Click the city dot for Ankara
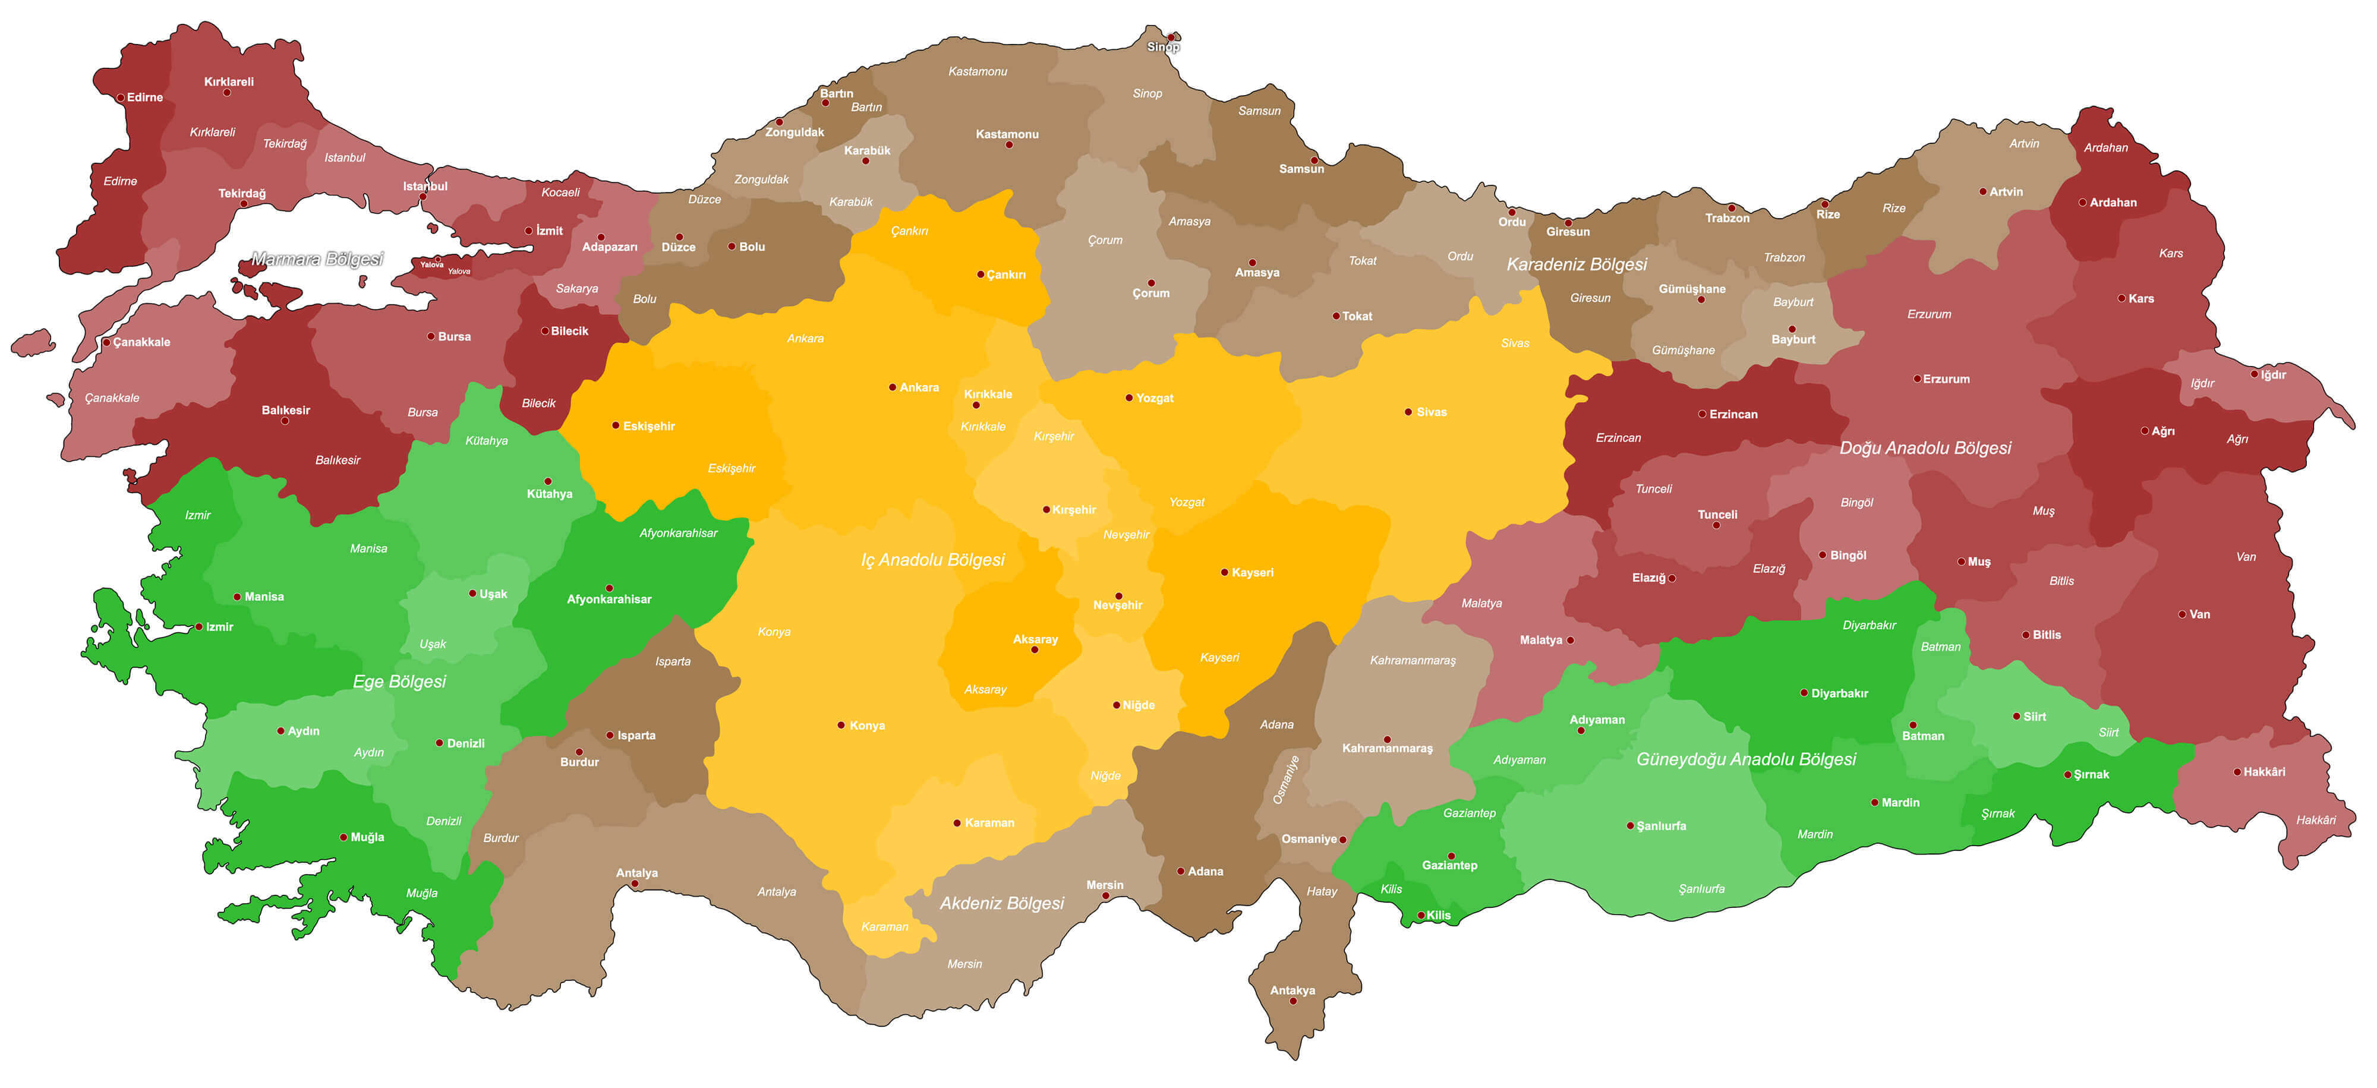pyautogui.click(x=893, y=387)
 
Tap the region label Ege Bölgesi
pyautogui.click(x=399, y=681)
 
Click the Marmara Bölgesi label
pyautogui.click(x=317, y=259)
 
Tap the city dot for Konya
pyautogui.click(x=841, y=726)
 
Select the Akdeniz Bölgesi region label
pyautogui.click(x=1001, y=903)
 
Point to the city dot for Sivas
pyautogui.click(x=1408, y=412)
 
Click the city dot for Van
pyautogui.click(x=2182, y=614)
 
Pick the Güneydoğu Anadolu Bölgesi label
pyautogui.click(x=1746, y=759)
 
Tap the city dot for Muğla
pyautogui.click(x=343, y=838)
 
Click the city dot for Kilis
pyautogui.click(x=1421, y=916)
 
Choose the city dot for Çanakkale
pyautogui.click(x=107, y=342)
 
